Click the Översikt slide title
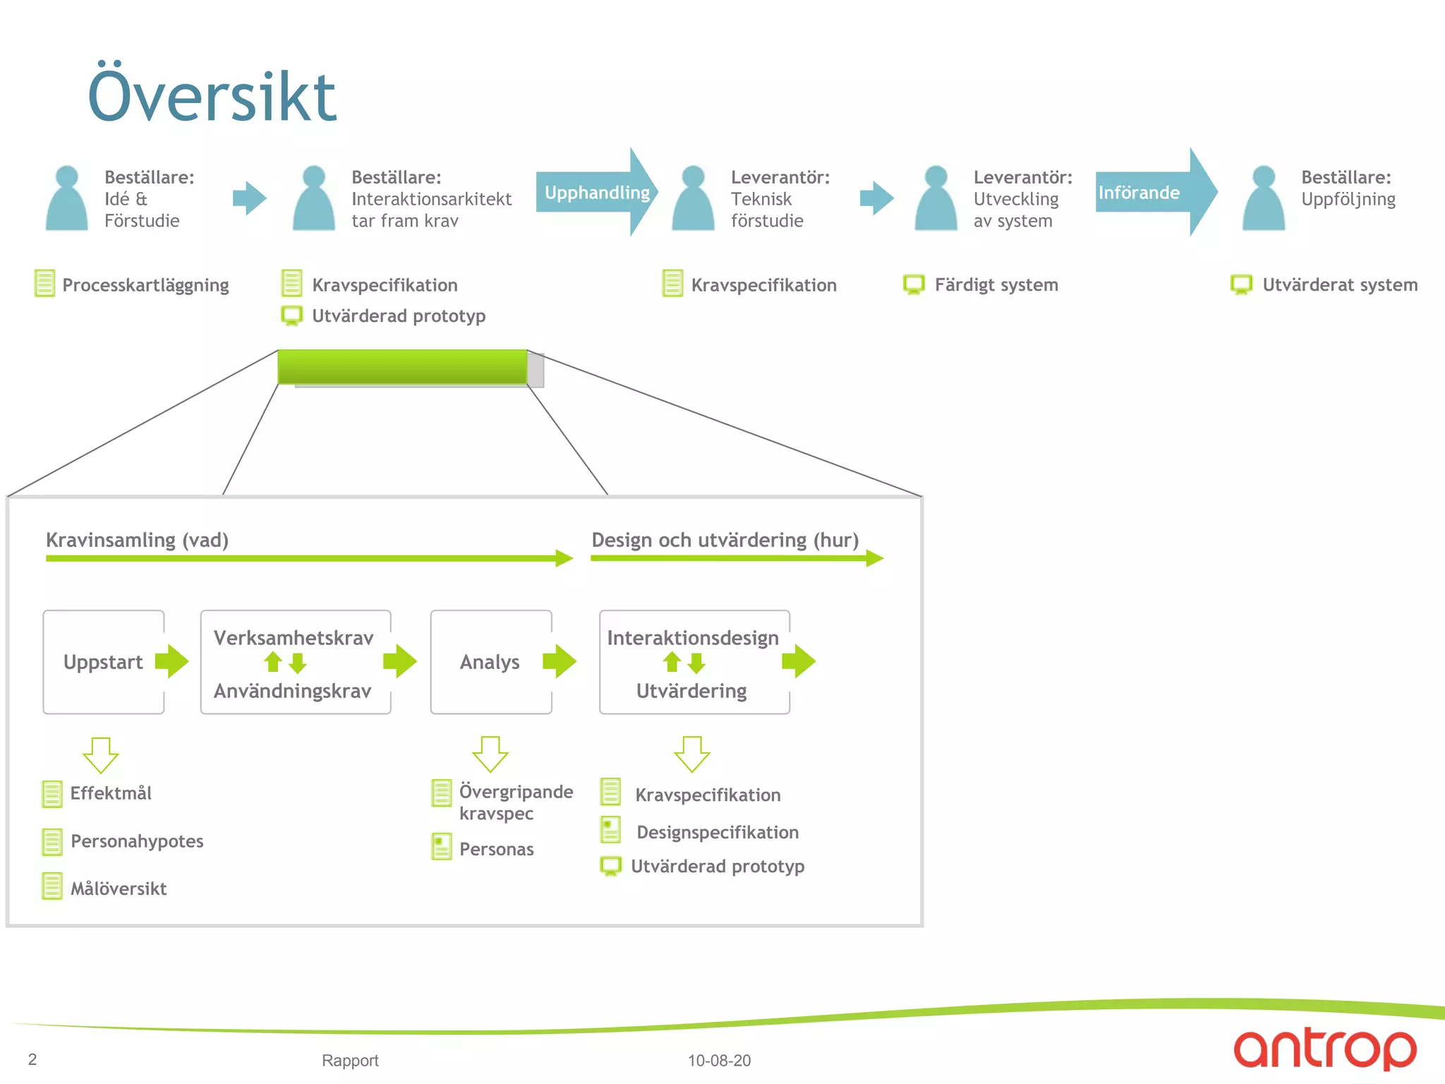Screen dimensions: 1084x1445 [x=212, y=97]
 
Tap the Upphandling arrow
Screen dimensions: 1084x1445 [x=597, y=192]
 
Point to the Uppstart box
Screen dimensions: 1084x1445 [x=103, y=662]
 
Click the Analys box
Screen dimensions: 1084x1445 [x=490, y=662]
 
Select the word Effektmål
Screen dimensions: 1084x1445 [x=111, y=793]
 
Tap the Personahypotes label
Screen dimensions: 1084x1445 [x=137, y=841]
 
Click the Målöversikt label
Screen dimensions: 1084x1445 [x=119, y=889]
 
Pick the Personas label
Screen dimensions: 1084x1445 [x=496, y=849]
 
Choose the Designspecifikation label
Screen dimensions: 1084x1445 [x=718, y=832]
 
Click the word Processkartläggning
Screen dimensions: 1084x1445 [x=145, y=285]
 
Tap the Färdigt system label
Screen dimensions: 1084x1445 [x=996, y=285]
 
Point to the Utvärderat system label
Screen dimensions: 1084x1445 [x=1339, y=285]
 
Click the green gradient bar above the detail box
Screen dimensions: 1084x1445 [x=402, y=367]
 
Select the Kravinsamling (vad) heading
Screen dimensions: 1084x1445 [x=137, y=540]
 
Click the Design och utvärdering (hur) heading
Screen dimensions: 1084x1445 [x=725, y=540]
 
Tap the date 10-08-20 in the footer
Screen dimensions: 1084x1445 [x=719, y=1060]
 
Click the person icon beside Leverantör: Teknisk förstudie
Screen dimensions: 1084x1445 [x=693, y=199]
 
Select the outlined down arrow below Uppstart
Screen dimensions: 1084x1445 [x=101, y=755]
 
